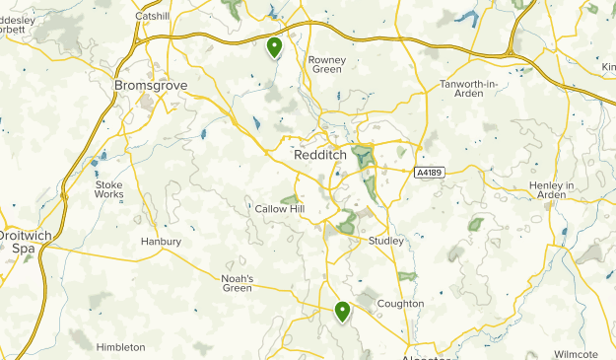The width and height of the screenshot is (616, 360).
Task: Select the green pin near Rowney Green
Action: click(275, 45)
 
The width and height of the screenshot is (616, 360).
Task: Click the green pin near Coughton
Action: click(343, 312)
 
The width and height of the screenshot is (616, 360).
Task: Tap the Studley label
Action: click(385, 241)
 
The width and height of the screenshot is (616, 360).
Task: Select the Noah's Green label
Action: click(237, 283)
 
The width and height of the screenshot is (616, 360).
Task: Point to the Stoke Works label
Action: click(109, 189)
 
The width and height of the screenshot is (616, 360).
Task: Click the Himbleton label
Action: click(121, 347)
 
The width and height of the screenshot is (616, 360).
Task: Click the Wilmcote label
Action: click(576, 353)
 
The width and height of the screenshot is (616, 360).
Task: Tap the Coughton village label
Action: click(400, 304)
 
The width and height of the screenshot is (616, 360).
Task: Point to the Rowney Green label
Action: click(326, 64)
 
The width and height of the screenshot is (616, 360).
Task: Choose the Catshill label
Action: click(153, 17)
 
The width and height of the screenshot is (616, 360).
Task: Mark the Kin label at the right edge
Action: click(607, 67)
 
